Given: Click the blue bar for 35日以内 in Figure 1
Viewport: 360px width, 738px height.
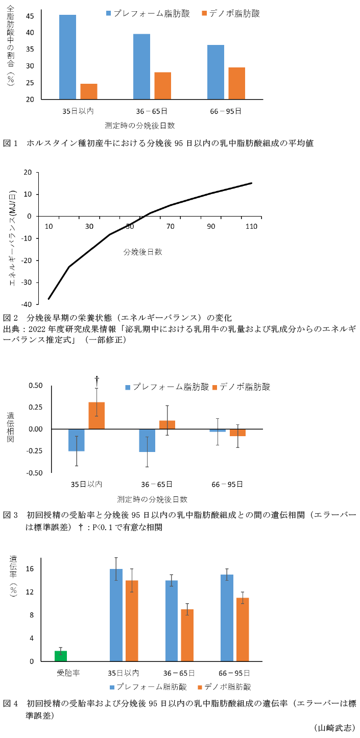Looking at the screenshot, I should pos(67,57).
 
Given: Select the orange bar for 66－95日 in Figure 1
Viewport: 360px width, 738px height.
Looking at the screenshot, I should pos(236,83).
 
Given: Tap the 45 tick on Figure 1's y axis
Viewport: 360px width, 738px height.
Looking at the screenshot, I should pos(30,16).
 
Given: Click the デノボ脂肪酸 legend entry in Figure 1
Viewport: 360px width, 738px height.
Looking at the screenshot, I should pos(231,14).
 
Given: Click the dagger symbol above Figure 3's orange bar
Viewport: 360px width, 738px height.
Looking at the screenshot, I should pos(97,379).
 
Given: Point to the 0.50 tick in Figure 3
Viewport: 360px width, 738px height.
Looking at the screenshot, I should pos(35,385).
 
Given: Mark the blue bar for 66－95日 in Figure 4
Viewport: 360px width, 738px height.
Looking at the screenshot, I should pos(227,617).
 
